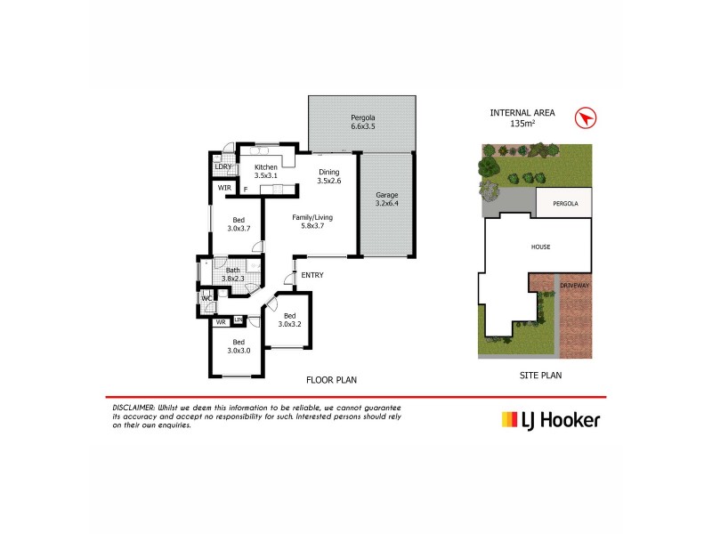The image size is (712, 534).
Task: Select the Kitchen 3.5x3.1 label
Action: (x=266, y=171)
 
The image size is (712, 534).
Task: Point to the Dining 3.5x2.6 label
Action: (x=328, y=176)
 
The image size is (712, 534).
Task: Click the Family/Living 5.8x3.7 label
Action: (x=311, y=222)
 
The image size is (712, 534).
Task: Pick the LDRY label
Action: (x=223, y=166)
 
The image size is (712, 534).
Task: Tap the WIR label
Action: (x=225, y=188)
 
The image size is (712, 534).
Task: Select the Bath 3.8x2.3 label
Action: (x=232, y=274)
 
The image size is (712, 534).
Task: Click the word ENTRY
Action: (x=311, y=275)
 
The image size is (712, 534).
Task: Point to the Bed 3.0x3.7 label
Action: (x=238, y=224)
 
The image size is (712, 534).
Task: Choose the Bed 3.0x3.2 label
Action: (x=289, y=320)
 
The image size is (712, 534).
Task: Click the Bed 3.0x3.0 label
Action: (x=238, y=346)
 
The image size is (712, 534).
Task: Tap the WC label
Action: (x=206, y=298)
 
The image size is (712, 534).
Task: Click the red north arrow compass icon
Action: (x=585, y=117)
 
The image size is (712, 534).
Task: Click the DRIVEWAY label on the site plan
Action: (x=575, y=285)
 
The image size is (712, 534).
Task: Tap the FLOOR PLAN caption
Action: (x=331, y=379)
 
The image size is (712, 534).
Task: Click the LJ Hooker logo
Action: (x=551, y=420)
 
